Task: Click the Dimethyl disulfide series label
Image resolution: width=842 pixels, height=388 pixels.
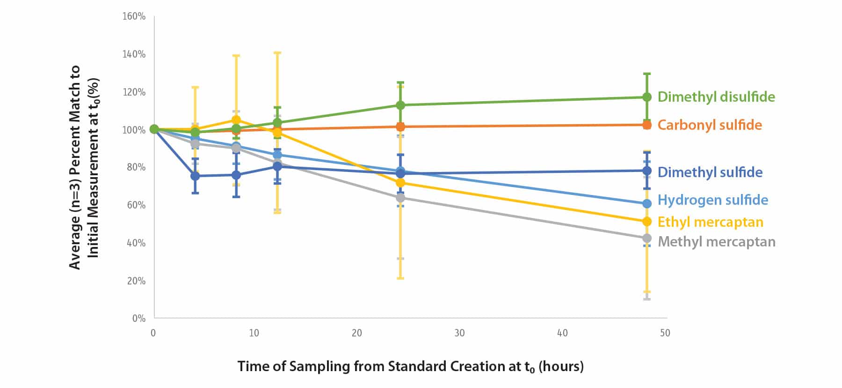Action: coord(716,97)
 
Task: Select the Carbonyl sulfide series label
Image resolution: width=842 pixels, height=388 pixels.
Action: coord(709,125)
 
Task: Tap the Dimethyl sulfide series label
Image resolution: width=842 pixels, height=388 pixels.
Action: coord(710,172)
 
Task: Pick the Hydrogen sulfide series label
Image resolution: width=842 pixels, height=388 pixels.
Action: coord(712,200)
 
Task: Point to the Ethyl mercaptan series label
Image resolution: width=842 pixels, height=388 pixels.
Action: coord(710,222)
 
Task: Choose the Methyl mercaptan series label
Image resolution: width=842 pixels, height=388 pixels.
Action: coord(716,242)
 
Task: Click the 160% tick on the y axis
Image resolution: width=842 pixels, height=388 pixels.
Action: coord(134,16)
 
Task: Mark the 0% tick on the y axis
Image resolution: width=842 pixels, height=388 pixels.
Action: coord(138,319)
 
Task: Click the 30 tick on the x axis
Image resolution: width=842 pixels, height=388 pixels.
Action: coord(459,333)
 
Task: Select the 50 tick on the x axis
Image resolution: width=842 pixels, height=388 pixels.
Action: coord(665,333)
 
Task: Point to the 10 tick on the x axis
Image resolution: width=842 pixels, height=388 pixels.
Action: coord(254,333)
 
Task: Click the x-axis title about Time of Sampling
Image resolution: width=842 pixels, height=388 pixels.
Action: coord(410,366)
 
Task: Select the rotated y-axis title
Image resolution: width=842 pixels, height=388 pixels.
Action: coord(84,167)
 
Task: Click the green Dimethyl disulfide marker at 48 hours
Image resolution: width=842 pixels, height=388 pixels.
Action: coord(647,97)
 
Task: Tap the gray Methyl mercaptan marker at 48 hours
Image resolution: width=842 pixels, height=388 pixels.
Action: coord(647,239)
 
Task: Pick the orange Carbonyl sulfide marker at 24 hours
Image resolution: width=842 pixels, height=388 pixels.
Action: coord(400,127)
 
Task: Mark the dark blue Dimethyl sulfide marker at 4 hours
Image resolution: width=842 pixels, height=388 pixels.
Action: coord(195,176)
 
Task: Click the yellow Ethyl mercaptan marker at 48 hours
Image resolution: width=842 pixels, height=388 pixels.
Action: coord(647,221)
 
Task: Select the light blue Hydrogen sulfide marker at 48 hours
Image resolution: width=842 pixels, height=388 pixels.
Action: coord(647,204)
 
